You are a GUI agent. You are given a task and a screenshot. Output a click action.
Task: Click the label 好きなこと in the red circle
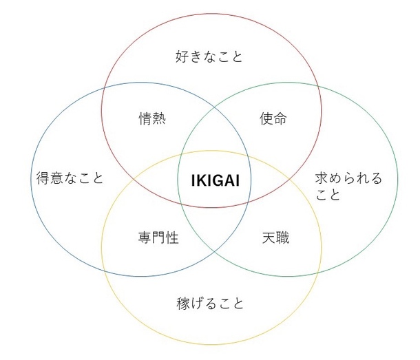click(209, 56)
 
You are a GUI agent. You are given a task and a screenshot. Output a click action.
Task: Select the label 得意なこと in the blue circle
click(70, 178)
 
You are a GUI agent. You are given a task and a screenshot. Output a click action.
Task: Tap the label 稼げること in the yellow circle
click(210, 304)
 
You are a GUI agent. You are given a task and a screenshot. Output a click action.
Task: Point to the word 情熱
click(152, 118)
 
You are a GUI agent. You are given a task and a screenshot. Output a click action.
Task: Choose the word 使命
click(273, 118)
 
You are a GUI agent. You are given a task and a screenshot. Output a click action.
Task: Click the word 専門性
click(158, 237)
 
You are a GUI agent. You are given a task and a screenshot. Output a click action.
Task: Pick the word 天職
click(275, 237)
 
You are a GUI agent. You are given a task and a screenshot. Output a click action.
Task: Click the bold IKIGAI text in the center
click(216, 180)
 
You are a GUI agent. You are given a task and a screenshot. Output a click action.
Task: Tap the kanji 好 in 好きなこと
click(182, 56)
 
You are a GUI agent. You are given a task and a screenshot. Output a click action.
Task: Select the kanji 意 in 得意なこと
click(56, 178)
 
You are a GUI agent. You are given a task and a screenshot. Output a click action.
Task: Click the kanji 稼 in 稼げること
click(183, 304)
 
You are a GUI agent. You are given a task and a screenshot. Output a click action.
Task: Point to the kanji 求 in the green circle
click(322, 178)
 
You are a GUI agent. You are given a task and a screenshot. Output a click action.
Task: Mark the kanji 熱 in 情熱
click(159, 118)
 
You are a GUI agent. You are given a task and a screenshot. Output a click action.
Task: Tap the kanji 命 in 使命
click(280, 118)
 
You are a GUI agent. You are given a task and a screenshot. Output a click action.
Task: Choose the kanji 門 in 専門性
click(158, 237)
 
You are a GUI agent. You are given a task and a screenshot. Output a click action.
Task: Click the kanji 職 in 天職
click(282, 237)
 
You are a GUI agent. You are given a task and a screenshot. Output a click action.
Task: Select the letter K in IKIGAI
click(201, 180)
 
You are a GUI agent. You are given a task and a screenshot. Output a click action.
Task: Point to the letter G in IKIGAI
click(219, 180)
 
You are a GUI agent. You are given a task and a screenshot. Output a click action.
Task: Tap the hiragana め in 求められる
click(335, 178)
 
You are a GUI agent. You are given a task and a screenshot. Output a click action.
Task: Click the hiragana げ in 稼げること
click(197, 304)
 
